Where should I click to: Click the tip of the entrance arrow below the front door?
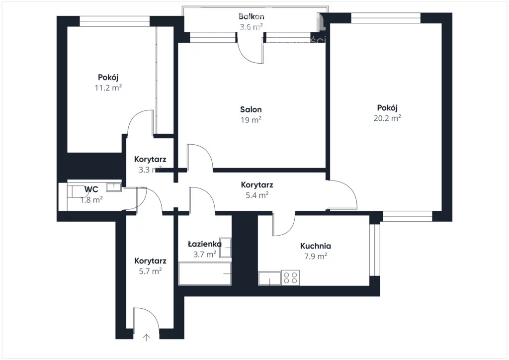click(x=147, y=334)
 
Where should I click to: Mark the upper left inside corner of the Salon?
click(x=178, y=43)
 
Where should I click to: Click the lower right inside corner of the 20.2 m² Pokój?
click(x=442, y=211)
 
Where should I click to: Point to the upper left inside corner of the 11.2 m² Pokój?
click(x=67, y=26)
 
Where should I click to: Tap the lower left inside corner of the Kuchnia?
click(x=258, y=285)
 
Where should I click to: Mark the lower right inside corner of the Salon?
click(x=326, y=168)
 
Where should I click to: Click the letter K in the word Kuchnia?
click(x=303, y=246)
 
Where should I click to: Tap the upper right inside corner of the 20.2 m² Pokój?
click(x=442, y=23)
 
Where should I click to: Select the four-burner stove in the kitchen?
click(x=290, y=278)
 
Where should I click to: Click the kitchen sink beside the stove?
click(x=270, y=278)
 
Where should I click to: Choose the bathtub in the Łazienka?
click(x=205, y=273)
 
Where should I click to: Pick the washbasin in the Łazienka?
click(x=225, y=248)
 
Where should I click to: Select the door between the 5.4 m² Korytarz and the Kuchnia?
click(x=284, y=224)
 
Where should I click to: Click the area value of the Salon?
click(x=251, y=120)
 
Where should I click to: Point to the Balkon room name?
click(x=251, y=16)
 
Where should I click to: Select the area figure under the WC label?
click(x=91, y=199)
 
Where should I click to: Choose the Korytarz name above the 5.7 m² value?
click(x=150, y=261)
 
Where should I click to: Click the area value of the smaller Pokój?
click(x=108, y=88)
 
